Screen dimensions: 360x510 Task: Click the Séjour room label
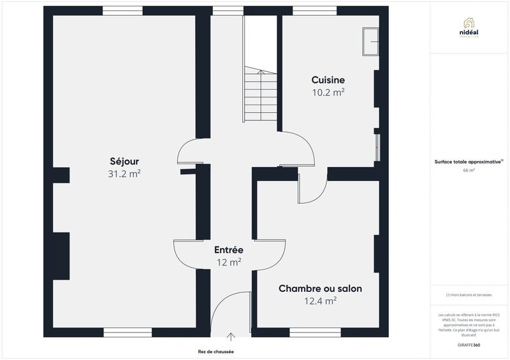124,161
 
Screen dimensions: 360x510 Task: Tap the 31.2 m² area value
124,173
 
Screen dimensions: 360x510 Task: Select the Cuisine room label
328,80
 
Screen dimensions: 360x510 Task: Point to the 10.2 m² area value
328,92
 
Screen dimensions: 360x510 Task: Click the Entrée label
228,250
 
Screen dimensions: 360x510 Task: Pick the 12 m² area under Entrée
228,262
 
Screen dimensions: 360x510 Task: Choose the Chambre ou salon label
320,289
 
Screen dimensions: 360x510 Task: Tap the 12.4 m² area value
320,301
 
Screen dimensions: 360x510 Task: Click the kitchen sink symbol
370,41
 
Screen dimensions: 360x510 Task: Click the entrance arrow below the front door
230,336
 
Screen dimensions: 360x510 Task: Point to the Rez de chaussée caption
216,351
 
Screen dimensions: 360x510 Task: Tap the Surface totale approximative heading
469,162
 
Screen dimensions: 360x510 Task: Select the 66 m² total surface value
469,170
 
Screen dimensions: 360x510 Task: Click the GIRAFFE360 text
469,344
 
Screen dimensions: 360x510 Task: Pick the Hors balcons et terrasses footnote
469,294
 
